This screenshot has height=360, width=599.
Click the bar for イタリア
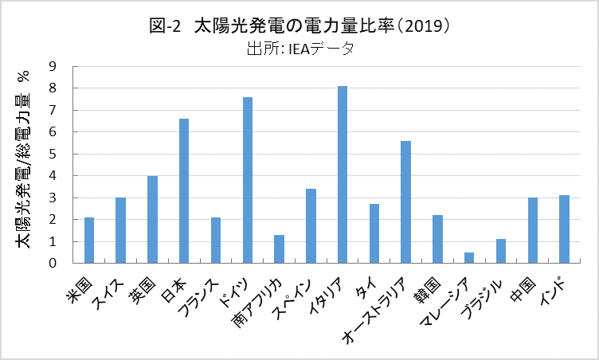coord(343,174)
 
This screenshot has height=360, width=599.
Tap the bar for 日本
coord(184,190)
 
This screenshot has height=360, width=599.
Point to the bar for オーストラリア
coord(405,202)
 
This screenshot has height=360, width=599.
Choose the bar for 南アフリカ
coord(279,248)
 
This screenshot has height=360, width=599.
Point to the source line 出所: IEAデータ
coord(299,48)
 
